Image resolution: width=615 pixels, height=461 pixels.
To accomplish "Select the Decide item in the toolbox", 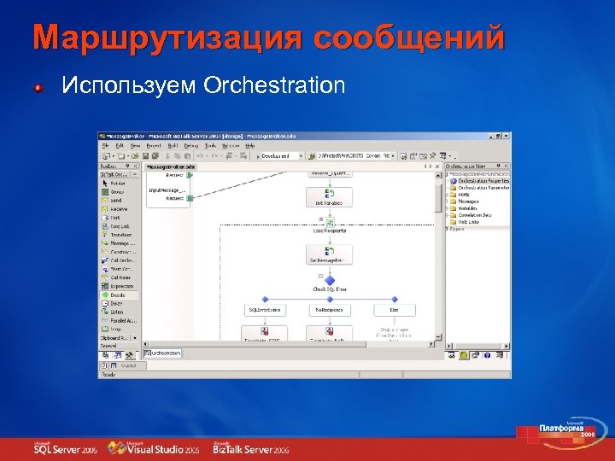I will coord(117,295).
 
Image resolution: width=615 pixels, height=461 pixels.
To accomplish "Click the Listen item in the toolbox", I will coord(116,312).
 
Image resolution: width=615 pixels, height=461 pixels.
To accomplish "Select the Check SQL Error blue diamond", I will coord(329,278).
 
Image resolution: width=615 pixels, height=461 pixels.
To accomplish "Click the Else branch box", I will coord(394,310).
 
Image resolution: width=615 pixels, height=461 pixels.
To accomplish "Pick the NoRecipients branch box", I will coord(329,310).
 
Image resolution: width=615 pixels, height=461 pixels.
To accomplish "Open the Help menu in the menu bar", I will coord(250,145).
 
